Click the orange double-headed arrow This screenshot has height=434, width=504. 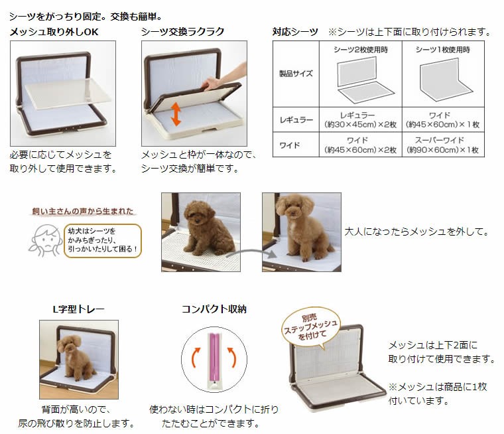tap(176, 114)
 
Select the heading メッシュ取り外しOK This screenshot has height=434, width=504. tap(54, 32)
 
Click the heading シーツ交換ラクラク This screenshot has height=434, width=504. tap(182, 32)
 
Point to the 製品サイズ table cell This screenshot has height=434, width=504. tap(296, 74)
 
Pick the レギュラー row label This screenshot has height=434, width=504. tap(296, 120)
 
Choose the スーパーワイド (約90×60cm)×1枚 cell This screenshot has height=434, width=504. tap(442, 145)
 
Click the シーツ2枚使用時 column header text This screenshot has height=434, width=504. tap(360, 50)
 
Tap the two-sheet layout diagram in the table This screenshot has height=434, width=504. tap(361, 80)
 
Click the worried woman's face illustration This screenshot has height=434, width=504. tap(46, 240)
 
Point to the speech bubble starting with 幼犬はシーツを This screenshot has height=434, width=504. tap(103, 241)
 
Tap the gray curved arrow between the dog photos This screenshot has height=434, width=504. tap(251, 252)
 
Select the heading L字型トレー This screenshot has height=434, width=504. tap(78, 309)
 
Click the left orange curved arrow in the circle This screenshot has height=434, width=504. tap(196, 358)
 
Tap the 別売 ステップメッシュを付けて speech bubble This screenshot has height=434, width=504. tap(310, 328)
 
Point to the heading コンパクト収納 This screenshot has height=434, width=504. tap(214, 309)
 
